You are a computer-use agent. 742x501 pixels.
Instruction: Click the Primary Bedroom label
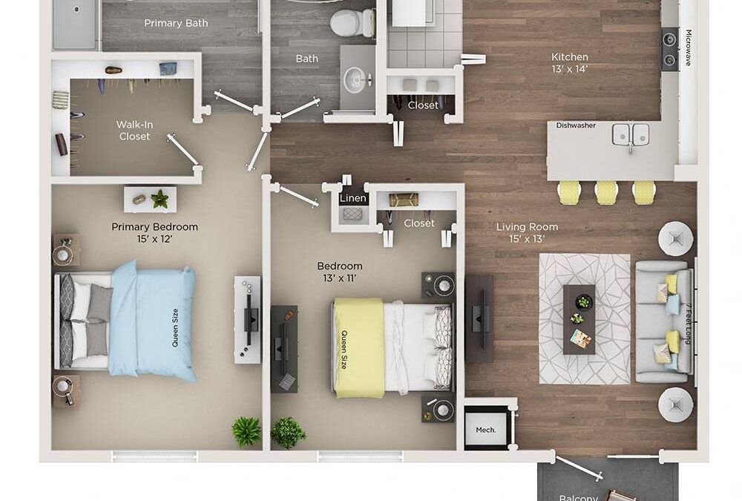[154, 226]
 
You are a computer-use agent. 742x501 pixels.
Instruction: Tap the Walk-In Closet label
[134, 131]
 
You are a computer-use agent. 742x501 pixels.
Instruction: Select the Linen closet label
[352, 199]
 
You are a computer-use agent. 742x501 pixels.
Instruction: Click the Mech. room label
[485, 430]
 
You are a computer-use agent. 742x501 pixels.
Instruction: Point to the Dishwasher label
[576, 125]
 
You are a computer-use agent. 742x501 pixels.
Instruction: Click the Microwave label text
[688, 48]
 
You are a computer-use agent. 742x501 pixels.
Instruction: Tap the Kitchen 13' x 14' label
[570, 62]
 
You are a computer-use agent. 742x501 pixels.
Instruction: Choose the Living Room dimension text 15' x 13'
[527, 239]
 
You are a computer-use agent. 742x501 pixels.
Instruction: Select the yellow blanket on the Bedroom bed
[358, 347]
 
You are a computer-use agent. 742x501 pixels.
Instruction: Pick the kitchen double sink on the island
[630, 134]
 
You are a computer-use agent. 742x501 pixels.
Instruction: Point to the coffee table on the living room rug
[579, 318]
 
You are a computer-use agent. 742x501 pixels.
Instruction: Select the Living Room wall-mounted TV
[479, 318]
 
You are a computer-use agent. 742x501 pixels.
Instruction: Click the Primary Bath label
[176, 23]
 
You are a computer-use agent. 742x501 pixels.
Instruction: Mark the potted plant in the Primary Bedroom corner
[246, 430]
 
